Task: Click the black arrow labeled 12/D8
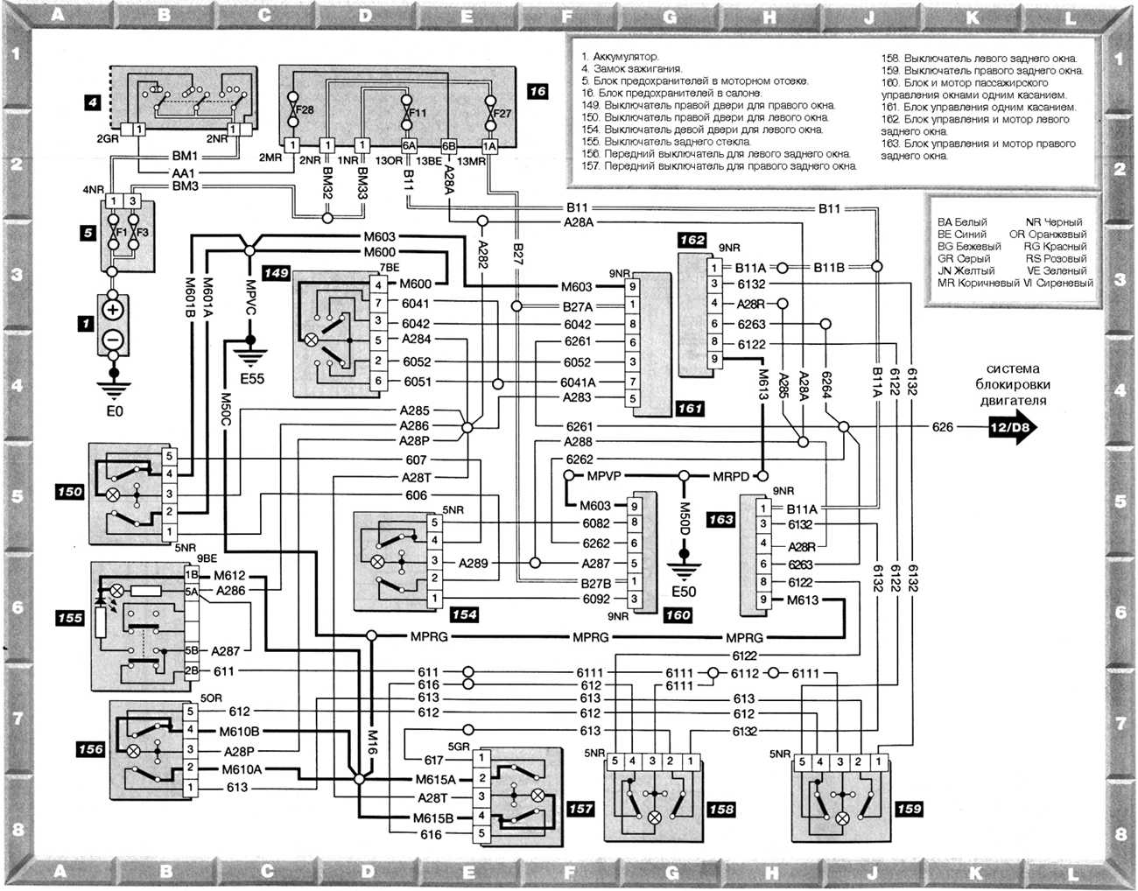click(1011, 427)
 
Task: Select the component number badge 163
click(720, 519)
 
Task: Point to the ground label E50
click(683, 592)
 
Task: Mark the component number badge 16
click(537, 90)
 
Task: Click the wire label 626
click(942, 427)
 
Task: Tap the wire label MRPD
click(731, 477)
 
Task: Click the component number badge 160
click(677, 615)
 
